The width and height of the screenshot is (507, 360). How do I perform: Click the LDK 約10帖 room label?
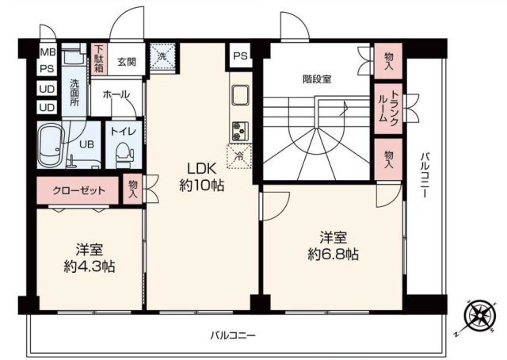pyautogui.click(x=201, y=177)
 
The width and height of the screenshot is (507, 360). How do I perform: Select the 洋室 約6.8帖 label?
pyautogui.click(x=334, y=245)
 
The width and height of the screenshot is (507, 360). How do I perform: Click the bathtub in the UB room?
pyautogui.click(x=53, y=144)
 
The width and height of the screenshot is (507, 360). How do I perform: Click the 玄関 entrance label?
pyautogui.click(x=127, y=60)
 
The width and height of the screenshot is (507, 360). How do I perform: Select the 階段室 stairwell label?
pyautogui.click(x=317, y=79)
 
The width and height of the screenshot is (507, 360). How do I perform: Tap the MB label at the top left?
pyautogui.click(x=47, y=52)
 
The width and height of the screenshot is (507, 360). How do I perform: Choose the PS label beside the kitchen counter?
pyautogui.click(x=239, y=56)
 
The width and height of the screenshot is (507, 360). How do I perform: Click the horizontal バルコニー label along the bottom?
pyautogui.click(x=234, y=336)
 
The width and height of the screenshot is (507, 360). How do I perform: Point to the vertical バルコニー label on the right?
pyautogui.click(x=425, y=175)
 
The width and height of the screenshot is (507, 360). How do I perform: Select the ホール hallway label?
pyautogui.click(x=116, y=94)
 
